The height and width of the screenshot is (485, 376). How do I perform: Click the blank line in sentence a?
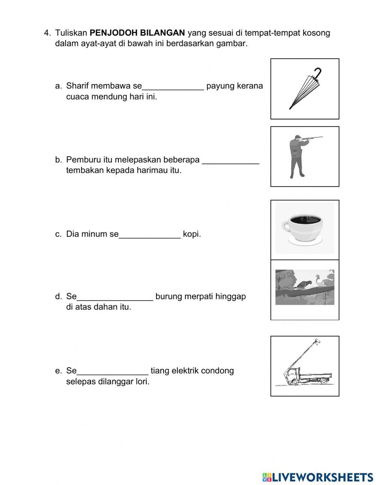pyautogui.click(x=173, y=89)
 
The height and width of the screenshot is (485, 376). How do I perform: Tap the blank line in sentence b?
pyautogui.click(x=230, y=162)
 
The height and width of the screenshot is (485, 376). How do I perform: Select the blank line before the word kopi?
pyautogui.click(x=150, y=237)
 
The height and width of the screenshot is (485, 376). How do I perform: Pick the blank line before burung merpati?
pyautogui.click(x=115, y=299)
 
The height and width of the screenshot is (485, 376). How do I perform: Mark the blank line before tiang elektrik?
pyautogui.click(x=112, y=373)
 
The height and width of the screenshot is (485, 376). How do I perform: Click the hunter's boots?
pyautogui.click(x=297, y=175)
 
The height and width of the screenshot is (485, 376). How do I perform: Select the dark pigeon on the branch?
pyautogui.click(x=303, y=285)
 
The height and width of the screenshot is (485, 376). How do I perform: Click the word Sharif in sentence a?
pyautogui.click(x=77, y=86)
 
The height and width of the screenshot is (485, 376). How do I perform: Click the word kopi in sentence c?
pyautogui.click(x=192, y=234)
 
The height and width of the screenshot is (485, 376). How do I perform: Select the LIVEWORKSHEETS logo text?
pyautogui.click(x=322, y=477)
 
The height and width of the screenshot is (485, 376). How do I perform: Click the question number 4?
pyautogui.click(x=47, y=33)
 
